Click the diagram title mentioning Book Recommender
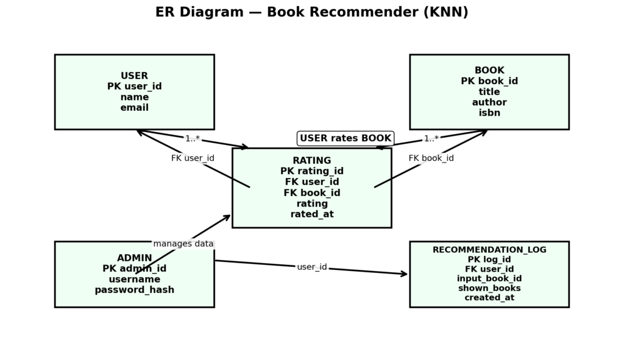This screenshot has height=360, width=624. coord(311,12)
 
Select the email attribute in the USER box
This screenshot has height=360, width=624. coord(134,108)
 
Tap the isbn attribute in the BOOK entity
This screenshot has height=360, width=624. coord(489,113)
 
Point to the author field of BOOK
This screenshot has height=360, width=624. coord(489,102)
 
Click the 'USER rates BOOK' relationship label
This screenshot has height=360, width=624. coord(346,138)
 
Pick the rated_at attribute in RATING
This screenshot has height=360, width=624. coord(311,214)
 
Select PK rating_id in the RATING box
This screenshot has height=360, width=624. coord(311,171)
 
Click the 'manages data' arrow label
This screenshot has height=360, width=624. coord(183,244)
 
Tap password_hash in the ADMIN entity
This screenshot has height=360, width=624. coord(134,290)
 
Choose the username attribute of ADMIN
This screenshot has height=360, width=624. coord(134,279)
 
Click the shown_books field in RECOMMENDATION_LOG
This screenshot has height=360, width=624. coord(489,288)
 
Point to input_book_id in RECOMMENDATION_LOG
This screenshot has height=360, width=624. coord(489,278)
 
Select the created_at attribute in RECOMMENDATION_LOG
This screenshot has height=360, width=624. coord(489,298)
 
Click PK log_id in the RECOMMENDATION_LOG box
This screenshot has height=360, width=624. coord(489,259)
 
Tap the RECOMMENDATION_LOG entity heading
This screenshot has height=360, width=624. coord(489,250)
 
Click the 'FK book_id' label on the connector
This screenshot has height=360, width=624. coord(431,158)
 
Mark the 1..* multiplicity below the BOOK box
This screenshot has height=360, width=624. coord(431,139)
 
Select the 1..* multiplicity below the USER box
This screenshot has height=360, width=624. coord(193,139)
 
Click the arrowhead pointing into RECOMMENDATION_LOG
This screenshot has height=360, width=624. coord(404,274)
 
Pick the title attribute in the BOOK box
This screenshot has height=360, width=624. coord(489,92)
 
